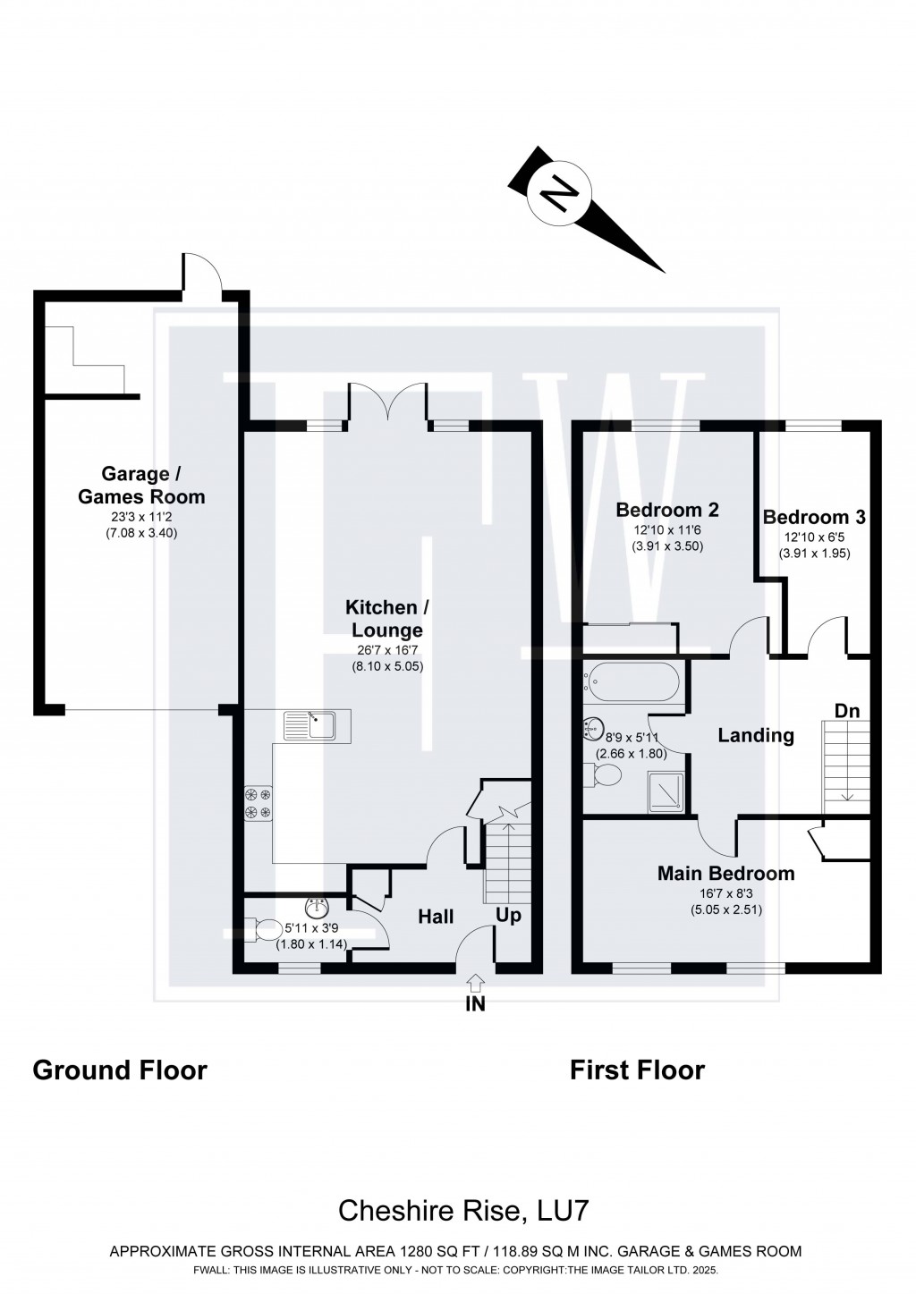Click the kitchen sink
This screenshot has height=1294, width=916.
[x=309, y=725]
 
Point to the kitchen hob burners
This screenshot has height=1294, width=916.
[x=259, y=802]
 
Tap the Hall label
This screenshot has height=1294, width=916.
[x=436, y=917]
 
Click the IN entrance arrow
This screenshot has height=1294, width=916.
[x=475, y=983]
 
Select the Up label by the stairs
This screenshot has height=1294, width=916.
[x=508, y=916]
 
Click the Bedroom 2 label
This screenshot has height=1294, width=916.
[x=667, y=510]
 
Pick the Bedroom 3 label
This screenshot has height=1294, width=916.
[x=814, y=517]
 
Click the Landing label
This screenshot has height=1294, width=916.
[x=756, y=735]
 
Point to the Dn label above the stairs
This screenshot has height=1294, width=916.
[x=846, y=711]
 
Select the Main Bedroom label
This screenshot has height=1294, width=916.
[x=725, y=873]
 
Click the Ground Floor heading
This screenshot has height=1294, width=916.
[x=120, y=1070]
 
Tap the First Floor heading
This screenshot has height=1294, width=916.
[x=637, y=1070]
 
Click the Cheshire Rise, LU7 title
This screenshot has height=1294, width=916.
[x=462, y=1211]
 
